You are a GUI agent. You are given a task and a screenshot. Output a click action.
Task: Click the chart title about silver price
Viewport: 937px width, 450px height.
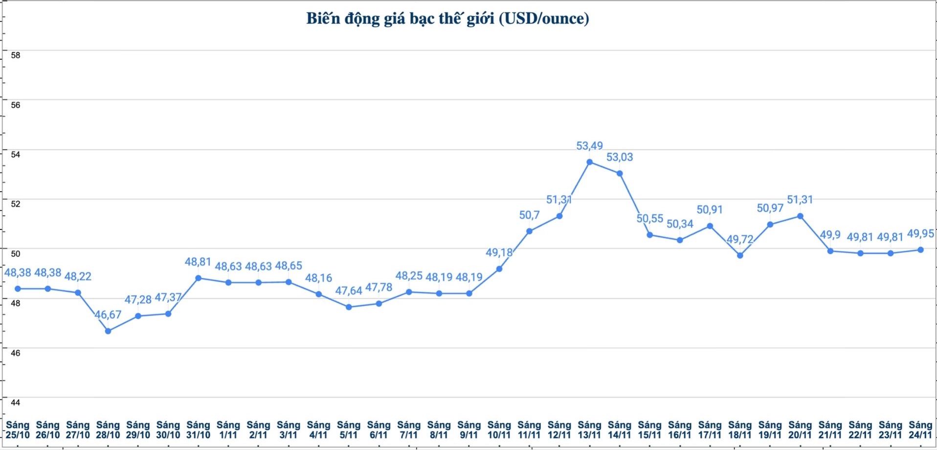click(x=447, y=19)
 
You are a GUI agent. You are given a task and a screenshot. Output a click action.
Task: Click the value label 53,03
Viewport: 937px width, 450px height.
click(x=620, y=157)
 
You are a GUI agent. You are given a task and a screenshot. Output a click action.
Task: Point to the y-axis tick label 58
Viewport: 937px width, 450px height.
click(x=16, y=55)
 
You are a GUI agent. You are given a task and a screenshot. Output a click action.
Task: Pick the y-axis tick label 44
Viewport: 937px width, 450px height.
click(x=16, y=403)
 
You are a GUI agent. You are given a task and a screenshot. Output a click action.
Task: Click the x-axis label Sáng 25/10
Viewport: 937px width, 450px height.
click(x=18, y=430)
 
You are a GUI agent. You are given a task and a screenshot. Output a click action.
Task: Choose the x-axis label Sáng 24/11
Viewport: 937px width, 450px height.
click(x=920, y=430)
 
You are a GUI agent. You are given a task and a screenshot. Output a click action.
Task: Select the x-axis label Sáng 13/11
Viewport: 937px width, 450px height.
click(x=589, y=430)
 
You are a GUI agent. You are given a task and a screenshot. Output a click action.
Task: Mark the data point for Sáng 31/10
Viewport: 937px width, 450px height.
click(x=199, y=278)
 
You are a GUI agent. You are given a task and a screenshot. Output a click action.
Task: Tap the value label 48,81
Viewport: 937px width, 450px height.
click(x=198, y=262)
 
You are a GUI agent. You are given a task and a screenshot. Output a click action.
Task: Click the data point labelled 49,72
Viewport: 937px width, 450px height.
click(x=740, y=255)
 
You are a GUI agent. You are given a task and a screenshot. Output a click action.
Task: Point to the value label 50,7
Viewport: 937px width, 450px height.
click(x=529, y=215)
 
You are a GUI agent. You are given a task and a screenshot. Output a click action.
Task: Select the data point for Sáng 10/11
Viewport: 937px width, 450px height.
click(x=499, y=269)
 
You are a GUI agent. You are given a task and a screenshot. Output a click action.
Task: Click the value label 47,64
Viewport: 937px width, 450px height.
click(x=349, y=291)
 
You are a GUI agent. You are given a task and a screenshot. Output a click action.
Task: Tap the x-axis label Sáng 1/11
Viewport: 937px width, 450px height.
click(x=228, y=430)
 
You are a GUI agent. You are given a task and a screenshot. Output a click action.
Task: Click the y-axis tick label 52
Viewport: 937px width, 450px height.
click(x=16, y=204)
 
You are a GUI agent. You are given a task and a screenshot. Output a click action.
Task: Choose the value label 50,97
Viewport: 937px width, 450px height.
click(x=770, y=208)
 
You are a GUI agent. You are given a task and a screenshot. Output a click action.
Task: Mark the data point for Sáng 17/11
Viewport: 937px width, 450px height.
click(x=710, y=226)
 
